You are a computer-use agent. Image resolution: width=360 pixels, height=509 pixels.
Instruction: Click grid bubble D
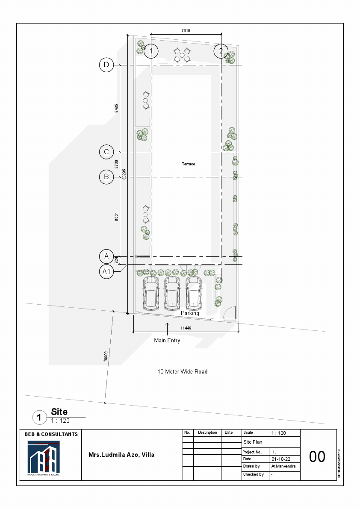pos(106,65)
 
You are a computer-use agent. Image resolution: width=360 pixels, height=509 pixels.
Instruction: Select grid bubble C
pos(106,152)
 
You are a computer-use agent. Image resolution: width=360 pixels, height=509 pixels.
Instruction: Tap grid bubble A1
pos(106,271)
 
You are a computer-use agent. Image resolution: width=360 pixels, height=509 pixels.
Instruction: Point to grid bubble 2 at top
pos(221,51)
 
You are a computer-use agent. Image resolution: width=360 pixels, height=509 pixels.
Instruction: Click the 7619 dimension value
pos(186,30)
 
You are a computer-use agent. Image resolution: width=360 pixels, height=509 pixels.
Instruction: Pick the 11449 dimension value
pos(186,328)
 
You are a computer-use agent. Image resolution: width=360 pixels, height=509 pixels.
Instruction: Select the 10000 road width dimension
pos(106,356)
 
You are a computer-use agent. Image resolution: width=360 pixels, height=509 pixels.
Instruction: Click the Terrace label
pos(189,164)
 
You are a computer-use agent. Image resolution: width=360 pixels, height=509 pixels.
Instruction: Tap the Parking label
pos(190,313)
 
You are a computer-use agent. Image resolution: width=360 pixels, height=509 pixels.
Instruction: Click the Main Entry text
pos(167,341)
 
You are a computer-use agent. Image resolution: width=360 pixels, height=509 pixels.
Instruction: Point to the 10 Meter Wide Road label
pos(183,372)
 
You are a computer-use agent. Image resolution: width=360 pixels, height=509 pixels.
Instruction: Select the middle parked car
pos(172,293)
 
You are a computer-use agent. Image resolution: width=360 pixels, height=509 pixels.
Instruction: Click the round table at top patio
pos(182,55)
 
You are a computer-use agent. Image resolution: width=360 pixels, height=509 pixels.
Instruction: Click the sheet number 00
pos(317,457)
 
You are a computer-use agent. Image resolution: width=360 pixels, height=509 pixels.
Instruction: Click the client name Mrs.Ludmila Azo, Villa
pos(121,455)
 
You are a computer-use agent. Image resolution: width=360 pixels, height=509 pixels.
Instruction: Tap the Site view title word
pos(59,412)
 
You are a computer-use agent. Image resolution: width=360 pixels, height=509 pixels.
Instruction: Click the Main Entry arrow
pos(167,327)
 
